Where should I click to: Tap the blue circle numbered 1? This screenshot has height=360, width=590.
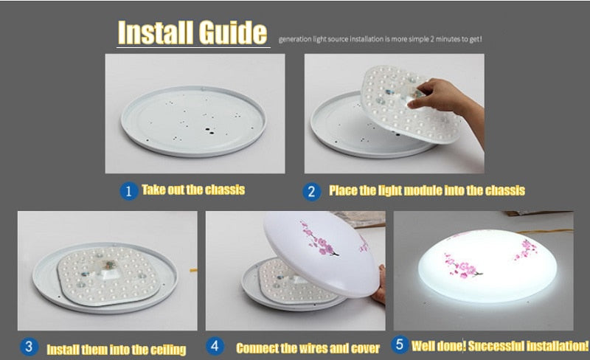coord(128,191)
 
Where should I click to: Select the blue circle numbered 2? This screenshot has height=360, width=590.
coord(312,191)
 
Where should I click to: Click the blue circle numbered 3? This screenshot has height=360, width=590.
coord(29,347)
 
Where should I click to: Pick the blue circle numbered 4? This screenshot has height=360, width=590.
coord(215,346)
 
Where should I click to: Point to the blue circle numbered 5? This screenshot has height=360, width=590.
coord(400,344)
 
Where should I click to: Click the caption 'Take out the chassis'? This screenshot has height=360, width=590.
coord(192,190)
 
